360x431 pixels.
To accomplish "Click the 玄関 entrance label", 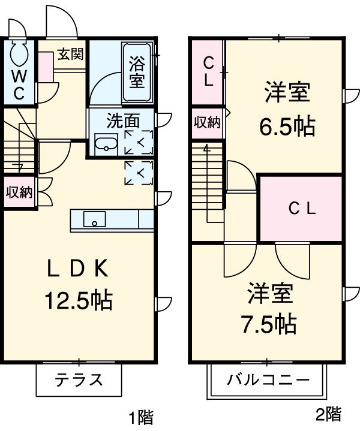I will [70, 55].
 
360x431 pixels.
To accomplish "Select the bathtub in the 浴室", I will [137, 74].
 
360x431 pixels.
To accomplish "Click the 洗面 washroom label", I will [122, 120].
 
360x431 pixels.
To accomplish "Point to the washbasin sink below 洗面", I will [106, 144].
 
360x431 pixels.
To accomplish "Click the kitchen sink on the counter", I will [95, 219].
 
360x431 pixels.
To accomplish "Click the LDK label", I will [77, 270].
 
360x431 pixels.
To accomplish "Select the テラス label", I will [79, 379].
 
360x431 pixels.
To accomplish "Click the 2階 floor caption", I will [329, 413].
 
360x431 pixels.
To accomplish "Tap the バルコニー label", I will [268, 380].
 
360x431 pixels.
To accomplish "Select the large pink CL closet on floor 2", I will [301, 208].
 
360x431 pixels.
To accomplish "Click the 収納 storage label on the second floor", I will [207, 123].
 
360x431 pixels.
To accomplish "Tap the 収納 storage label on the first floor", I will [19, 192].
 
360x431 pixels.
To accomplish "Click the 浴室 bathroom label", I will [137, 70].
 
